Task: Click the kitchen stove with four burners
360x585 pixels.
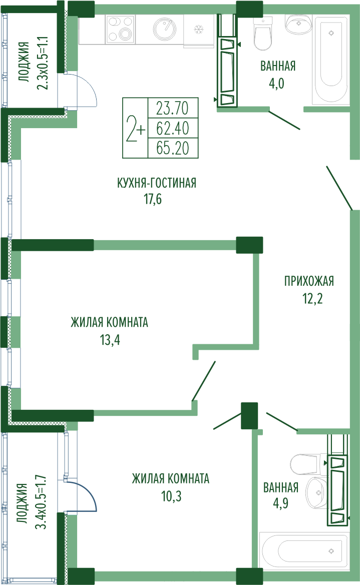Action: [120, 29]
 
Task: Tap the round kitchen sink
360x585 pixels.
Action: [165, 29]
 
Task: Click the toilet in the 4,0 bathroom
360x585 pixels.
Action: [262, 33]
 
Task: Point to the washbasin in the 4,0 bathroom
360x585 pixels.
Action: [299, 23]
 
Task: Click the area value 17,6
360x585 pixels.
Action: [153, 199]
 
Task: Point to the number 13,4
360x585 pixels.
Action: [110, 340]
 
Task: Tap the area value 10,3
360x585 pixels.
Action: [171, 496]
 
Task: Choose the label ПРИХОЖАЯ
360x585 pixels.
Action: [309, 281]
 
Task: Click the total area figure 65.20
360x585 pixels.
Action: [173, 148]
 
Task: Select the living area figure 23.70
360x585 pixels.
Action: [173, 108]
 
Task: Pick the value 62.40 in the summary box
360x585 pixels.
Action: [173, 128]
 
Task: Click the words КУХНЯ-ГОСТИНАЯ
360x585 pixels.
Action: [157, 183]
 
